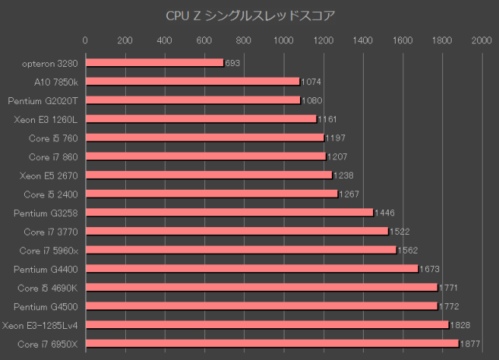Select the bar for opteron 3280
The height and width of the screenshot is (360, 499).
(x=154, y=63)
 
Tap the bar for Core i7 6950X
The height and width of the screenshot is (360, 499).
(x=271, y=343)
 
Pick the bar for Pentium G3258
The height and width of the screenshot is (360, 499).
(x=229, y=212)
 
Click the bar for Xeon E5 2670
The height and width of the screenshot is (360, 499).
(x=208, y=175)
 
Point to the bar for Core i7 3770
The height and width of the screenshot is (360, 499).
(x=236, y=231)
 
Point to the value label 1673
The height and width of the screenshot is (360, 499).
(x=430, y=269)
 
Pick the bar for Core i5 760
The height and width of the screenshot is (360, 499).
(x=204, y=138)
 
